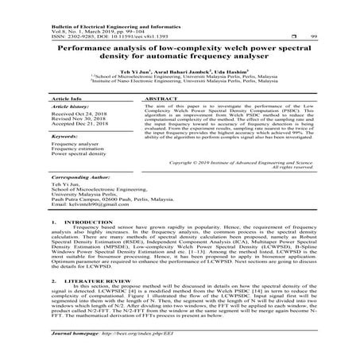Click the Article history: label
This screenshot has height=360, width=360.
(69, 106)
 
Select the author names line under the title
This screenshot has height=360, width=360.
(180, 70)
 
